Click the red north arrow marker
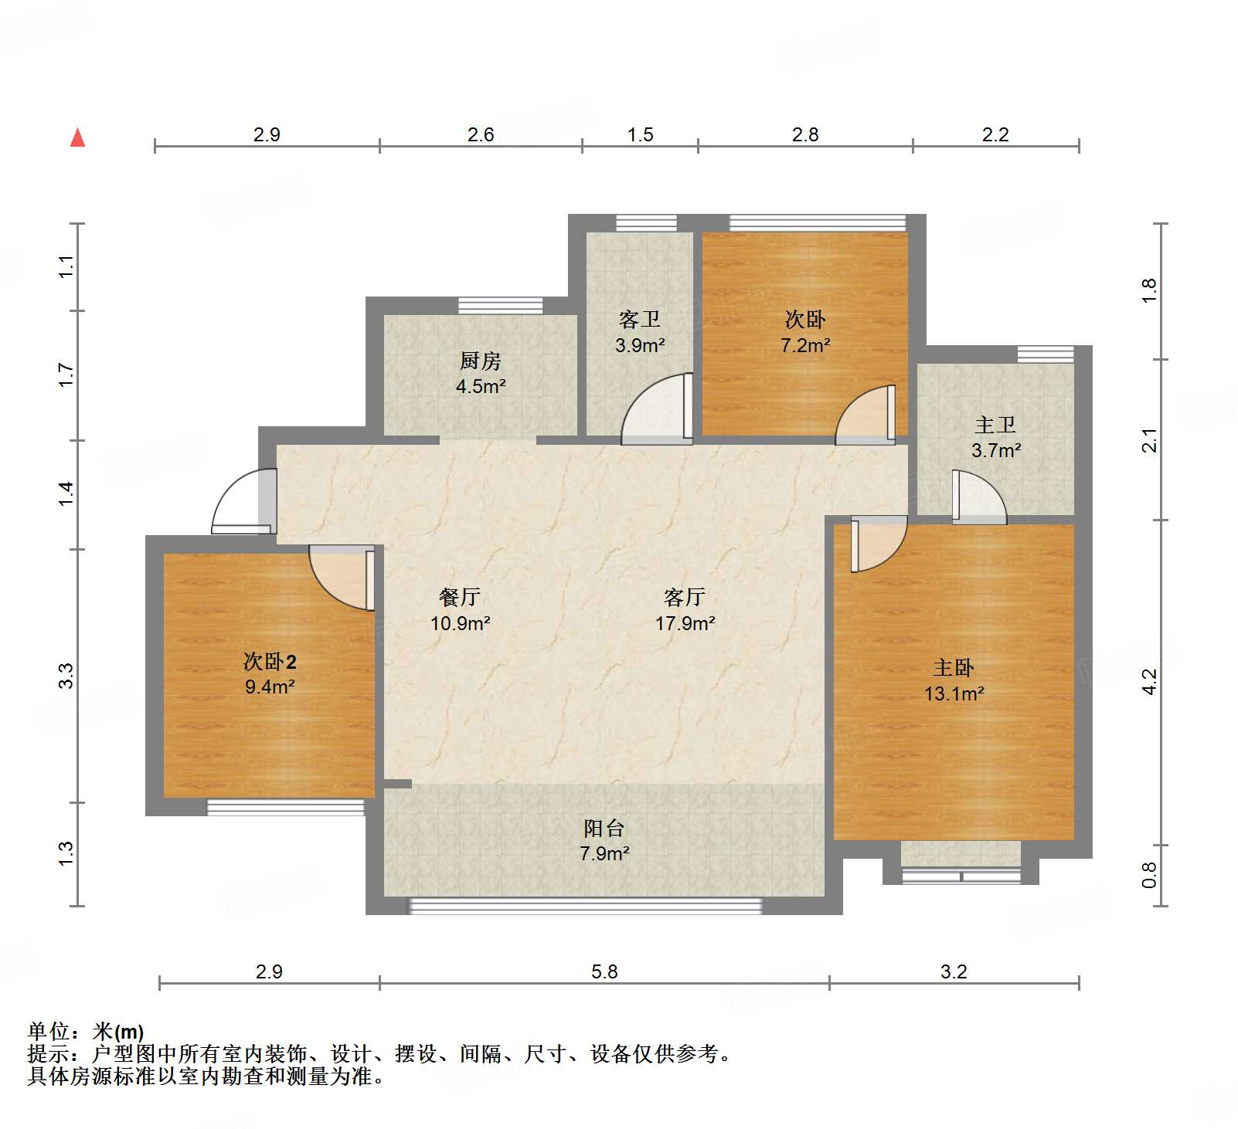click(x=77, y=138)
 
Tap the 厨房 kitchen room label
click(x=480, y=361)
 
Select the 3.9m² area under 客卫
click(x=640, y=345)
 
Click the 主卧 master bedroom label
click(x=953, y=667)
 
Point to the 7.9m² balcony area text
click(x=604, y=853)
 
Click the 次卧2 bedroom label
click(x=270, y=661)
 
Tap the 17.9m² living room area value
click(x=685, y=623)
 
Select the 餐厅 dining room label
click(x=460, y=596)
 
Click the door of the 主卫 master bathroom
click(x=978, y=497)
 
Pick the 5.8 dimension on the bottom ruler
click(x=604, y=971)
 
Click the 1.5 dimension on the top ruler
click(x=640, y=134)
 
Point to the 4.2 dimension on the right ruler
click(x=1149, y=681)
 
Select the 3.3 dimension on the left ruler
click(x=66, y=676)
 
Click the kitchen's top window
click(x=500, y=305)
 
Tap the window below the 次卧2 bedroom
click(x=285, y=808)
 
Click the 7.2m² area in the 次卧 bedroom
click(x=805, y=345)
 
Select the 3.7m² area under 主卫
click(x=996, y=450)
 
